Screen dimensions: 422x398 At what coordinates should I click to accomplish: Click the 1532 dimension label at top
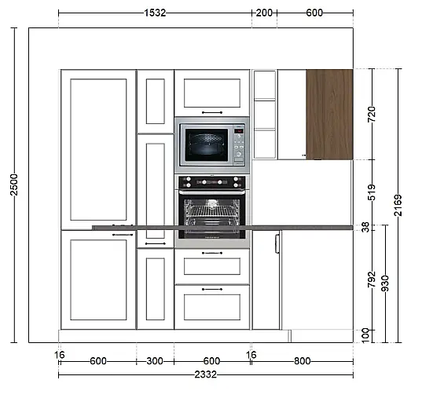(155, 13)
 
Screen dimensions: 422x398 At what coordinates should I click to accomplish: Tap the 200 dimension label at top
(264, 13)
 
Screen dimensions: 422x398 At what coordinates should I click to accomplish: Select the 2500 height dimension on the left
(13, 184)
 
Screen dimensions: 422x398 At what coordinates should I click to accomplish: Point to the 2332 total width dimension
(206, 374)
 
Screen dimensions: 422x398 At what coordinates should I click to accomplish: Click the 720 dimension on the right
(372, 114)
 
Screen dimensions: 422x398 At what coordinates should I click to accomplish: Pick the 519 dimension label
(372, 192)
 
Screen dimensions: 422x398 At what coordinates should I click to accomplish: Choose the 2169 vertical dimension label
(398, 205)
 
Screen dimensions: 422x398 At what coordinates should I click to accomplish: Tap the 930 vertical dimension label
(385, 283)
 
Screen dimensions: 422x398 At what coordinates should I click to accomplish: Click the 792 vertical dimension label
(372, 279)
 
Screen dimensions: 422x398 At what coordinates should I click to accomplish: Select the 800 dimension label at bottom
(303, 361)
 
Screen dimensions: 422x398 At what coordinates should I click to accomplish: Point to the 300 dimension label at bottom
(155, 361)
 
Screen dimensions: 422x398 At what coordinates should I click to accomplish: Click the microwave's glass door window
(207, 145)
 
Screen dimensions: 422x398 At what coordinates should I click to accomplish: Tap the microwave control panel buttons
(239, 146)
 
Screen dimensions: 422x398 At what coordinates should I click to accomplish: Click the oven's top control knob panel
(212, 182)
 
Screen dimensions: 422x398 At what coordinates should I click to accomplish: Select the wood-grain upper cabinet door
(329, 115)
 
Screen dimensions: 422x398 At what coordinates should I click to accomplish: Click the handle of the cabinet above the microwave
(212, 113)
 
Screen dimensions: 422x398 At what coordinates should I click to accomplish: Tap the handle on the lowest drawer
(212, 290)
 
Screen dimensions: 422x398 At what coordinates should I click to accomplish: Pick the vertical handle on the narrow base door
(277, 243)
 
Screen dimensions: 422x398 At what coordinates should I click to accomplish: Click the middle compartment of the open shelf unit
(265, 115)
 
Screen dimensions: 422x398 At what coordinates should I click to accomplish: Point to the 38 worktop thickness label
(365, 228)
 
